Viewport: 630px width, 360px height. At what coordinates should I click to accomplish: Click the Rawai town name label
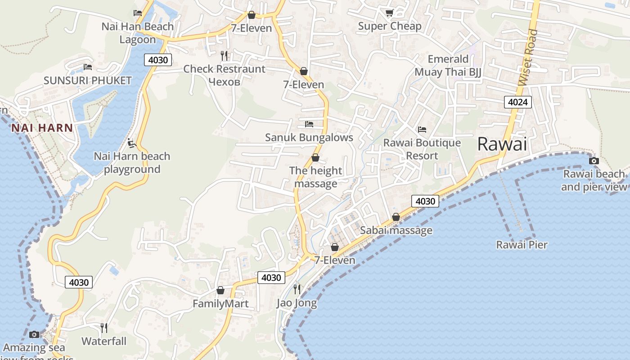tap(502, 144)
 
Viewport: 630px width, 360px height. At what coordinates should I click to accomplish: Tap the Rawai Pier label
tap(522, 245)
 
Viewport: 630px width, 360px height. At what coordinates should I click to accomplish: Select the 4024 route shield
tap(517, 102)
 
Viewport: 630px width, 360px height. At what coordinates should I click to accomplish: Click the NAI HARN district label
tap(42, 128)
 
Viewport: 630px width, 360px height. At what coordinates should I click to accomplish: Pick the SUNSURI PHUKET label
tap(88, 81)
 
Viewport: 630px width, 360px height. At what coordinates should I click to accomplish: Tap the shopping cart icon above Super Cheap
tap(389, 13)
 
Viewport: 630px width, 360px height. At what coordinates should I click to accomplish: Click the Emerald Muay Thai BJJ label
tap(448, 65)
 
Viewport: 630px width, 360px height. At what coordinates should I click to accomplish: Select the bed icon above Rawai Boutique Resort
tap(422, 130)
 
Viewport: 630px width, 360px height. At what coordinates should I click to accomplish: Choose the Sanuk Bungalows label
tap(309, 137)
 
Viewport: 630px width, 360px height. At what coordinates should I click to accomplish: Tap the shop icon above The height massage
tap(315, 157)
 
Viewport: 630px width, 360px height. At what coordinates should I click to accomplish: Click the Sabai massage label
tap(396, 230)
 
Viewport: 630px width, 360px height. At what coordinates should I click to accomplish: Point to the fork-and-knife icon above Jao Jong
tap(297, 289)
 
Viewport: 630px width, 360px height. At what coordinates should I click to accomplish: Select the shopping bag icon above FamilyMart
tap(220, 291)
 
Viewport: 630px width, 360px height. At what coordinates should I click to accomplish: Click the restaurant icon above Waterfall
tap(104, 328)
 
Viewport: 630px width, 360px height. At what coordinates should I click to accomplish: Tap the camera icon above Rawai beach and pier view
tap(594, 161)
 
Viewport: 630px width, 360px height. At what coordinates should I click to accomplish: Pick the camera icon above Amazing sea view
tap(34, 334)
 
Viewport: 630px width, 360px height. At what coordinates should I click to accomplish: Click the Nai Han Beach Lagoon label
tap(137, 33)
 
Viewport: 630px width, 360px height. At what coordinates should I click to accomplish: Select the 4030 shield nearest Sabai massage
tap(425, 201)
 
